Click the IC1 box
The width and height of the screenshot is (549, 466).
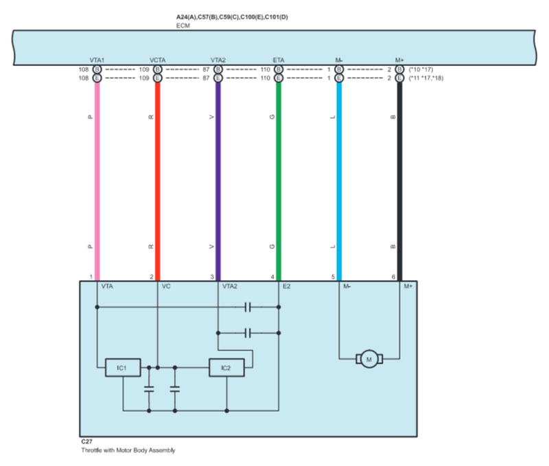tap(122, 368)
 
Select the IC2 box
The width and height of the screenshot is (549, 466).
tap(225, 368)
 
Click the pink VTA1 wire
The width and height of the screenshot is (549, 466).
tap(97, 178)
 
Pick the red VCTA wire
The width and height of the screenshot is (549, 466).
tap(157, 178)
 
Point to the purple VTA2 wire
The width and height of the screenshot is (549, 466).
tap(218, 178)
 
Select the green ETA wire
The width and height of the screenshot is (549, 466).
tap(278, 178)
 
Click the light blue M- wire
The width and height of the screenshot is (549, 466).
tap(338, 178)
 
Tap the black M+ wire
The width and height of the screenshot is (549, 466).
tap(399, 178)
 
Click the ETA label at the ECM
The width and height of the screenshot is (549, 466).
tap(278, 61)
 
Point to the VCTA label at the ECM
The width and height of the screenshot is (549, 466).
tap(157, 61)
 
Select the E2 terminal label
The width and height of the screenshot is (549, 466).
tap(288, 286)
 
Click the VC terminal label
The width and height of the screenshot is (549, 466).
tap(165, 286)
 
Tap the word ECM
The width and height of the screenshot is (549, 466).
tap(183, 25)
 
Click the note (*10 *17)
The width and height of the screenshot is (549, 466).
tap(421, 70)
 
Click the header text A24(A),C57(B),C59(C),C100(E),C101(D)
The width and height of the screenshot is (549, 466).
tap(232, 16)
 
